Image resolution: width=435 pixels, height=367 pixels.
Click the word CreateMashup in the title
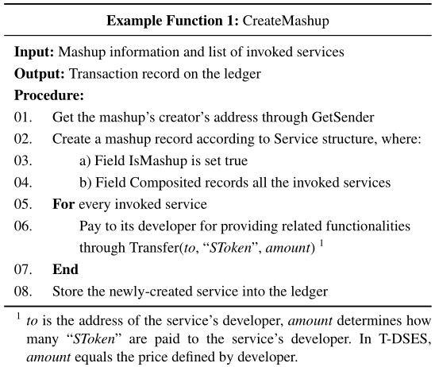coord(286,21)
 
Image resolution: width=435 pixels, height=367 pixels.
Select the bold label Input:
coord(34,52)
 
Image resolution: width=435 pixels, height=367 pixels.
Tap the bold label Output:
coord(40,74)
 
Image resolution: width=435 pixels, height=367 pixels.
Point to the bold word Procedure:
coord(49,95)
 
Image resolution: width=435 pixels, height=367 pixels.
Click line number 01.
coord(23,117)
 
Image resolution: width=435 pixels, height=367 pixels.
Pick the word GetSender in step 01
coord(343,117)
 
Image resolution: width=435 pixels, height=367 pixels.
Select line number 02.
coord(23,139)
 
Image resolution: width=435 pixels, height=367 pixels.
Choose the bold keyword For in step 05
coord(64,204)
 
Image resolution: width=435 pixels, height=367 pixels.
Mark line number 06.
coord(23,226)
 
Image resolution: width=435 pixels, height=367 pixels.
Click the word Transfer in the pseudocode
coord(155,248)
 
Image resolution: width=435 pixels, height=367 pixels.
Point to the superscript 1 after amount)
coord(321,243)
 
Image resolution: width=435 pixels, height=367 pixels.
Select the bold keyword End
coord(65,269)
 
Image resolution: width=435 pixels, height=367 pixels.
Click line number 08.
coord(23,292)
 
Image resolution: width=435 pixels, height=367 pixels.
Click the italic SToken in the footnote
coord(94,339)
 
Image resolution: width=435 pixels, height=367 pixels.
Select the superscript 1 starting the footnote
coord(18,316)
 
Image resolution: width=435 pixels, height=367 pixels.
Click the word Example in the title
coord(134,21)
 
